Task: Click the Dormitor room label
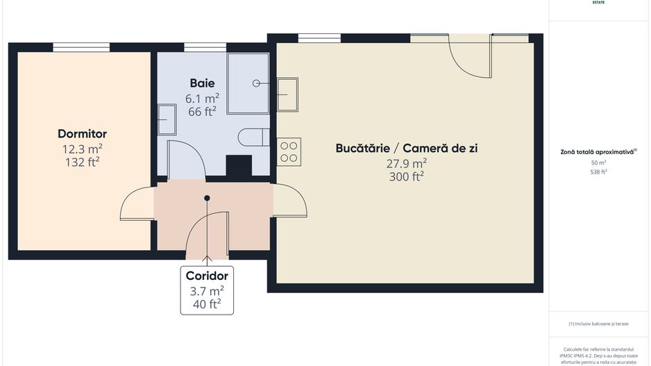click(x=82, y=133)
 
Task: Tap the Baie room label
click(x=202, y=83)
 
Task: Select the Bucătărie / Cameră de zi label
click(x=406, y=148)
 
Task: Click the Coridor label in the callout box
click(x=207, y=276)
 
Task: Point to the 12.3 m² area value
click(x=82, y=149)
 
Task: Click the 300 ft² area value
click(x=407, y=176)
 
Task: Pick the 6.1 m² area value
click(x=202, y=98)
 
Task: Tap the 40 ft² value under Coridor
click(x=207, y=303)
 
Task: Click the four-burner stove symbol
click(x=289, y=152)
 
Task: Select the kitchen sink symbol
click(x=287, y=94)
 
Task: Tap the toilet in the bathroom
click(x=254, y=137)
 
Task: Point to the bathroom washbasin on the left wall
click(x=167, y=119)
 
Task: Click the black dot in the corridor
click(x=207, y=198)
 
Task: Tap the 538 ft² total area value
click(x=598, y=172)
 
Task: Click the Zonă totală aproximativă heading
click(x=598, y=151)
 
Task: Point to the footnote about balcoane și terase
click(x=598, y=324)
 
